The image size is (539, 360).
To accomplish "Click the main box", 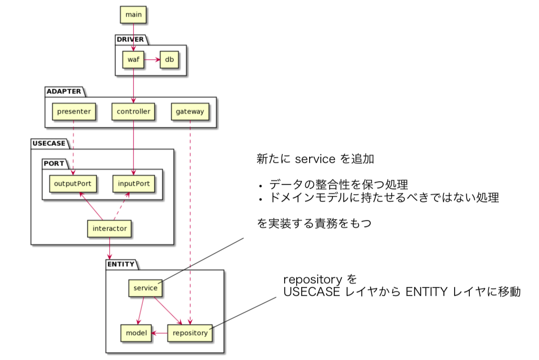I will coord(133,15).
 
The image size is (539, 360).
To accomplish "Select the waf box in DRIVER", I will coord(133,59).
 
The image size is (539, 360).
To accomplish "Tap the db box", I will coord(169,59).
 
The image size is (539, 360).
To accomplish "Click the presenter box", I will coord(74,112).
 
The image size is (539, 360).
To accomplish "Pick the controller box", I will coord(133,112).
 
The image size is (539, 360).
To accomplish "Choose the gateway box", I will coord(190,112).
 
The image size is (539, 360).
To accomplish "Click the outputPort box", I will coord(73,183).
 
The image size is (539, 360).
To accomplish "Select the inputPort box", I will coord(133,183).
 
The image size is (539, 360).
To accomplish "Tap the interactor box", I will coord(109,228).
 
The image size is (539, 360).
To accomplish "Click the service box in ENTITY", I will coord(145,288).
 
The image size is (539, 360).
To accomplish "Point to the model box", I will coord(136,333).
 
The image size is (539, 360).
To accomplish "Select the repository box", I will coord(190,333).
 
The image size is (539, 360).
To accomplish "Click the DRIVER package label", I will coord(130,39).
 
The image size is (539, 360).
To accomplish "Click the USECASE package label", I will coord(49,143).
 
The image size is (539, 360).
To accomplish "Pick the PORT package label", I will coord(54,164).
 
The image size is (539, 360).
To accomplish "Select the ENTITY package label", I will coord(121,264).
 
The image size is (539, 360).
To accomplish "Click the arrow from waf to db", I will coord(152,59).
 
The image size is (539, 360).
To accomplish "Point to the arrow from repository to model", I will coord(159,333).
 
